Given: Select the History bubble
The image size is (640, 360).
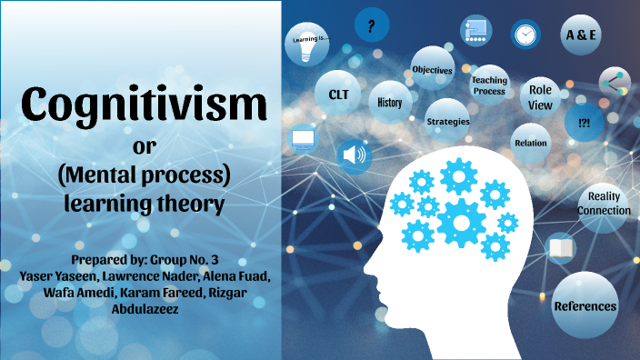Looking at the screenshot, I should [x=389, y=103].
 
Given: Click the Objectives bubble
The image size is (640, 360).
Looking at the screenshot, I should [x=432, y=69].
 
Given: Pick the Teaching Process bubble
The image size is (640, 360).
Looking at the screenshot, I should [x=488, y=85].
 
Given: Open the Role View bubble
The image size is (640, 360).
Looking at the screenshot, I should [x=540, y=98].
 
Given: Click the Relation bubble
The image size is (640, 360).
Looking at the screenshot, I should [x=530, y=143].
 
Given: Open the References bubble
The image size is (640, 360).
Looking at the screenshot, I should [x=585, y=306].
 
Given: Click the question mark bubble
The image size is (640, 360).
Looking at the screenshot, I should [x=371, y=27].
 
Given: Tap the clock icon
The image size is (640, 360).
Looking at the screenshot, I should [x=525, y=35].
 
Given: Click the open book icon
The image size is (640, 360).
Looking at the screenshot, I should [x=560, y=247].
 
